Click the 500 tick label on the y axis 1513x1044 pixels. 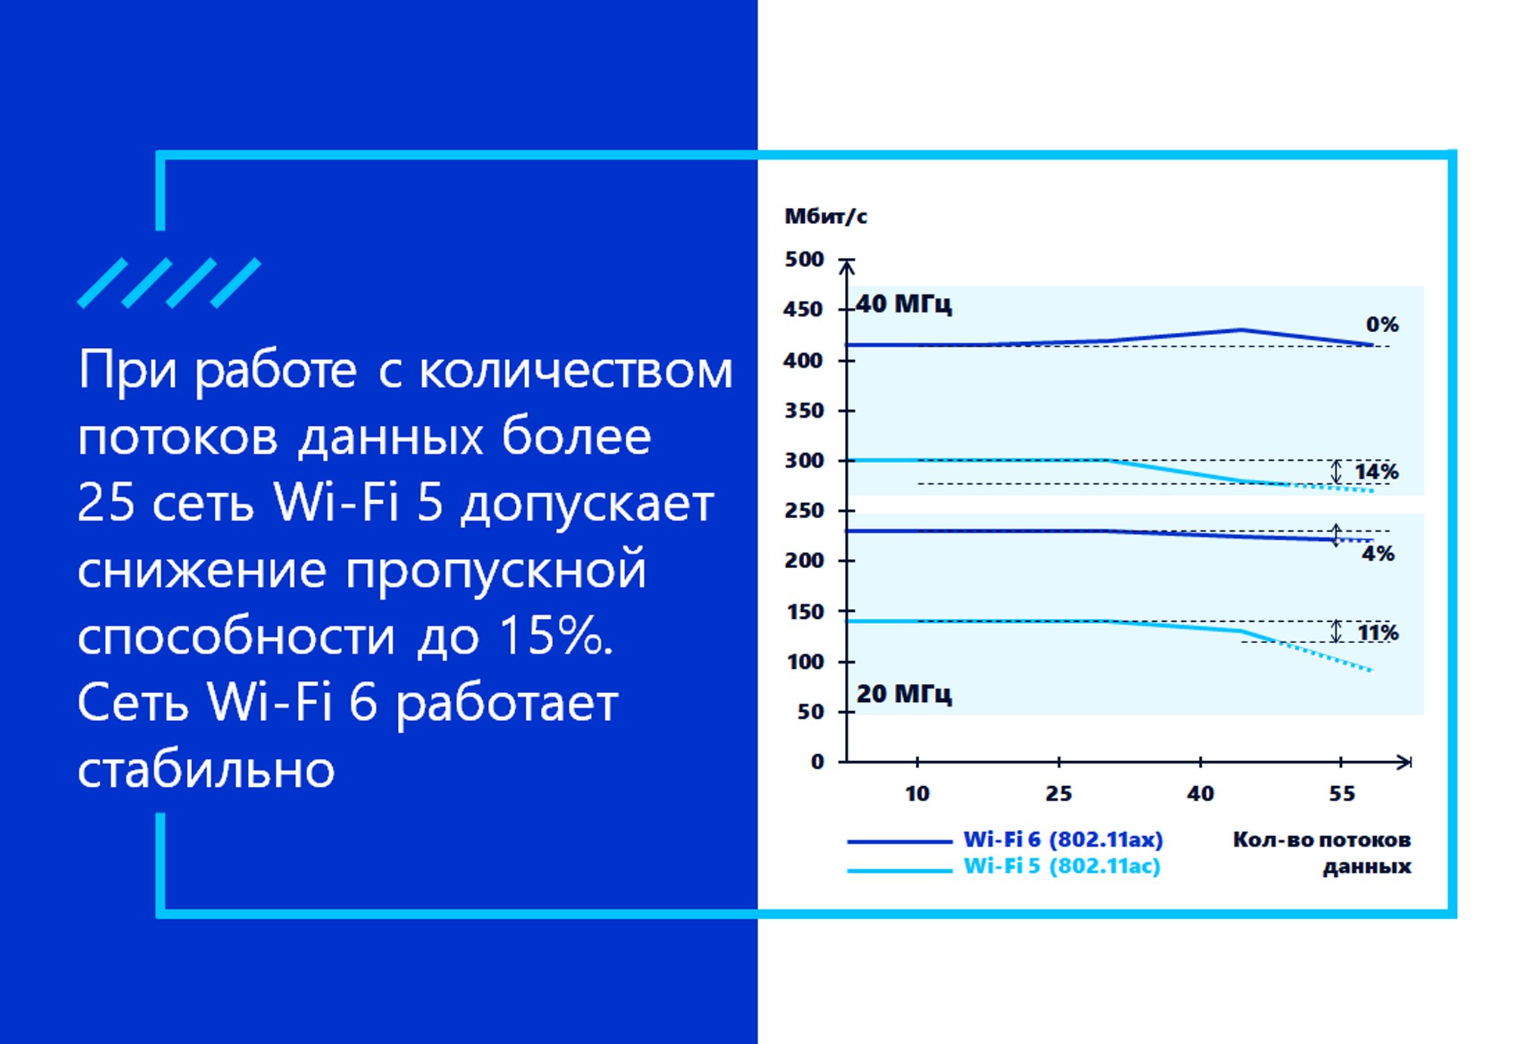(803, 259)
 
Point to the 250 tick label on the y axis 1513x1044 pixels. (803, 511)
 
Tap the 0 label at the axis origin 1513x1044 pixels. (817, 762)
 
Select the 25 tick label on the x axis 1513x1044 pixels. (1058, 794)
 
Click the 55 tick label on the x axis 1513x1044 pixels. (1342, 794)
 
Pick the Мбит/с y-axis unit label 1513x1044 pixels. (825, 216)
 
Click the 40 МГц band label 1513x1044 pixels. (903, 304)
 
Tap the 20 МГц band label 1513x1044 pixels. (903, 694)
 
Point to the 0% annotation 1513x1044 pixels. (1382, 325)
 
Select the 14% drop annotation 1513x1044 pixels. (1376, 472)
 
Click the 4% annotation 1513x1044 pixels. (1378, 554)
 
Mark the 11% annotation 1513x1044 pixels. (1378, 633)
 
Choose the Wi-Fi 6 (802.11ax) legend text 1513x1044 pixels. (1063, 840)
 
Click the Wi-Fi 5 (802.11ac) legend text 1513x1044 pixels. (1061, 866)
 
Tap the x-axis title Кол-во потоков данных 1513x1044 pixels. (1322, 853)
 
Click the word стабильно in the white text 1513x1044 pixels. (206, 770)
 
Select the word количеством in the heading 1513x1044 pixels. (576, 371)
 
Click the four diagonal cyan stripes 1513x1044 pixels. (169, 283)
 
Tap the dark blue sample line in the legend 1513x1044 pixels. (899, 841)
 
